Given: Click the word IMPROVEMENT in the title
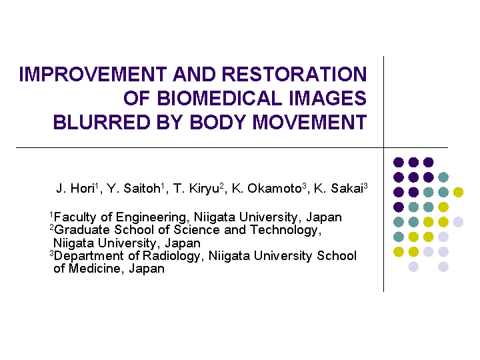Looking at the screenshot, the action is (93, 75).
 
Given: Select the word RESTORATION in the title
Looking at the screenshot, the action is (294, 75).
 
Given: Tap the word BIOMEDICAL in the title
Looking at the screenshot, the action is (219, 98).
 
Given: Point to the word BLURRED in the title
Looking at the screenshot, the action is (101, 122).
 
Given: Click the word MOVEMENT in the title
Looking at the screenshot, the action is (309, 122).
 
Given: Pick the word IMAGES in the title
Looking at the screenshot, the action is (327, 98).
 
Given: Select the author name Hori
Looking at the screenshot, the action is (82, 189).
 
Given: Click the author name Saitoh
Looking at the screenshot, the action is (142, 189).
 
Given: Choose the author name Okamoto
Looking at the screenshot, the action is (275, 189).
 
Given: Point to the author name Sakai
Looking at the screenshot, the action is (347, 189).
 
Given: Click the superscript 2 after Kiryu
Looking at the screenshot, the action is (221, 185).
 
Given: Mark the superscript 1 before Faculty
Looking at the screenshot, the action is (51, 214).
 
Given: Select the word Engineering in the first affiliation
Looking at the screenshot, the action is (151, 218).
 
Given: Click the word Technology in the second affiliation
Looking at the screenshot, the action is (285, 231).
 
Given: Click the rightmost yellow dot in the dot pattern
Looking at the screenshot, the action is (458, 192).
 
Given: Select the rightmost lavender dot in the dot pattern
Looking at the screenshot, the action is (458, 222).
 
